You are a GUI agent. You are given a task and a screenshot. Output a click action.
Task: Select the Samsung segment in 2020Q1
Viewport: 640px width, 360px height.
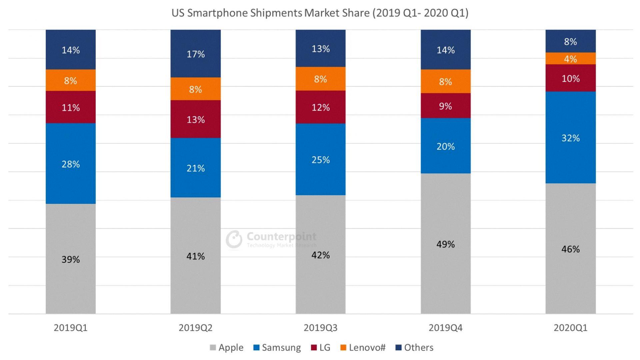[x=570, y=157]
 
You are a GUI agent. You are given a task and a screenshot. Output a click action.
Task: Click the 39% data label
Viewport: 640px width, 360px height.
[x=71, y=259]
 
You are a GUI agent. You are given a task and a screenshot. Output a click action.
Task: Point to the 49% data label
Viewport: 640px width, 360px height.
[x=446, y=244]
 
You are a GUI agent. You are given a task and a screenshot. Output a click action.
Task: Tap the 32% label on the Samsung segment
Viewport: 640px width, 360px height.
[x=570, y=138]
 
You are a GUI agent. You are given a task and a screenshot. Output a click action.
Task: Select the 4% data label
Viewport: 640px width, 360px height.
[x=570, y=59]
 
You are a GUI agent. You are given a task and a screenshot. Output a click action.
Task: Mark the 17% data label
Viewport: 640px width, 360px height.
[x=196, y=54]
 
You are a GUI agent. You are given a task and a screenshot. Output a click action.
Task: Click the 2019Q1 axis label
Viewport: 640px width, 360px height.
[x=71, y=328]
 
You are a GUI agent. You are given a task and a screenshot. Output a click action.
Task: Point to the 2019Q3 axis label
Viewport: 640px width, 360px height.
[x=321, y=328]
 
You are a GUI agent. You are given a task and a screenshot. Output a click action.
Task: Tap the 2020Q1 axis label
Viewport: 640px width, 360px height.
[x=570, y=328]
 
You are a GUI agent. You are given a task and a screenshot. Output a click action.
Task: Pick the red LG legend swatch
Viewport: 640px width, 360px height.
[x=314, y=348]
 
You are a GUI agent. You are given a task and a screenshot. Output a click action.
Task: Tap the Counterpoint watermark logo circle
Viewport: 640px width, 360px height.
[x=234, y=239]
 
